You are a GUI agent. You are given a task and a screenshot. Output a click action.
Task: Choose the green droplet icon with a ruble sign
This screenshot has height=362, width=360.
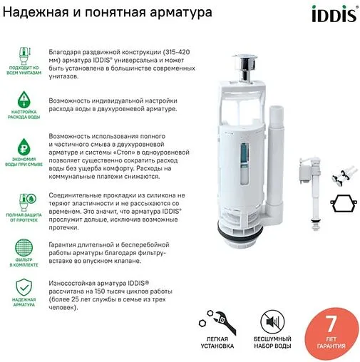23,148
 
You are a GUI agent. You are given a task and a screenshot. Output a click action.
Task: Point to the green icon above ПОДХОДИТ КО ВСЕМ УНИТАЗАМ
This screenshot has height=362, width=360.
23,54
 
